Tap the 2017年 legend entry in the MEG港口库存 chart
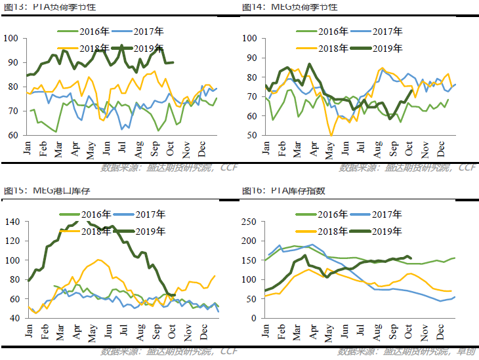point(151,214)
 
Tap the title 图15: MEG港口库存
point(41,191)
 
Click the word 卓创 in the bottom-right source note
point(467,352)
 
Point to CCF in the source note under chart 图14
point(467,168)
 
